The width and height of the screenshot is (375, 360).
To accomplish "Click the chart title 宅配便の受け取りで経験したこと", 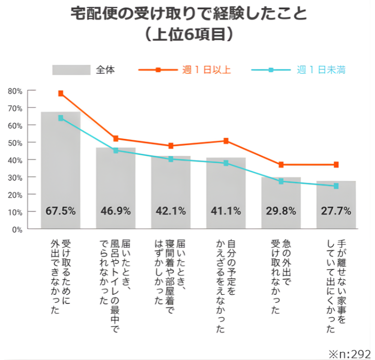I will pos(188,14).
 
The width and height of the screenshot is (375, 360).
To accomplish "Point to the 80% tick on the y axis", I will pos(15,91).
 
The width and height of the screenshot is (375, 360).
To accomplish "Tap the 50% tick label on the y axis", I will pos(15,143).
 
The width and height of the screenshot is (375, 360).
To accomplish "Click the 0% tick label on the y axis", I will pos(17,230).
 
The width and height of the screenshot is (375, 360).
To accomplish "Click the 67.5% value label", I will pos(61,211).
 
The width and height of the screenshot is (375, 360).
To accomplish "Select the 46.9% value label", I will pos(116,211).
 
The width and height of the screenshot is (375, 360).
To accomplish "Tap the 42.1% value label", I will pos(171,211).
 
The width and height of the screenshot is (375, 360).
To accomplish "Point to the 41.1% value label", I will pos(226,211).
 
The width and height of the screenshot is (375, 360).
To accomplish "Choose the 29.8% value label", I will pos(281,211).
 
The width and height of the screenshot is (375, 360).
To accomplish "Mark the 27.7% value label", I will pos(336,211).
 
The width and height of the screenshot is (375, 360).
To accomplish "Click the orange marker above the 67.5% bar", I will pos(61,94).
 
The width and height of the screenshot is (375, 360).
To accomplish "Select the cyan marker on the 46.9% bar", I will pos(116,151).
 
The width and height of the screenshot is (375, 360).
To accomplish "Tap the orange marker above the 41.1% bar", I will pos(226,141).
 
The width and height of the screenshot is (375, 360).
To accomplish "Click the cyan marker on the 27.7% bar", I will pos(336,186).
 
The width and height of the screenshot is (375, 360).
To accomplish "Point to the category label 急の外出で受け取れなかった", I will pos(281,275).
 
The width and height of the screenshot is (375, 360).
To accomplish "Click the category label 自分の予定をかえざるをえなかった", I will pos(226,285).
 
